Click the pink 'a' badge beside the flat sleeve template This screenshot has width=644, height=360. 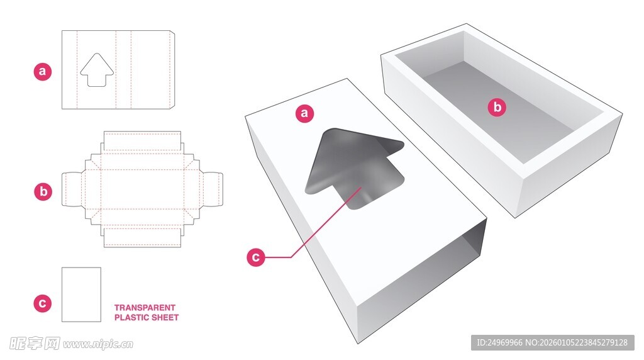(x=43, y=71)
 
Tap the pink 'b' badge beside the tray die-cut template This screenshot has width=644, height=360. (x=43, y=191)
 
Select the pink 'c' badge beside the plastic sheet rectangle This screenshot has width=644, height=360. (x=42, y=303)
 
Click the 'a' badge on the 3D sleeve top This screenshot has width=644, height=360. (x=305, y=113)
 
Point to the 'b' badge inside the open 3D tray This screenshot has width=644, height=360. (x=497, y=107)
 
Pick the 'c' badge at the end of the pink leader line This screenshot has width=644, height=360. (x=256, y=257)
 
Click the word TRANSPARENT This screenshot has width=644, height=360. (x=145, y=307)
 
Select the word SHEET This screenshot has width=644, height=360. (x=165, y=317)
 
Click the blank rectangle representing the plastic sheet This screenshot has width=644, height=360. (x=81, y=295)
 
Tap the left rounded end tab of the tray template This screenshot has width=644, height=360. (x=71, y=189)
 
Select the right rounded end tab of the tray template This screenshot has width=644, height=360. (x=213, y=189)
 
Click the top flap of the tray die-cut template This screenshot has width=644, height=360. (x=142, y=141)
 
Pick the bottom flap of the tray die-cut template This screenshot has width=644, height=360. (x=142, y=237)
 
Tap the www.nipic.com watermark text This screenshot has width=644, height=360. (x=97, y=344)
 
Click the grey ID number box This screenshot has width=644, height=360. (x=552, y=342)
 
